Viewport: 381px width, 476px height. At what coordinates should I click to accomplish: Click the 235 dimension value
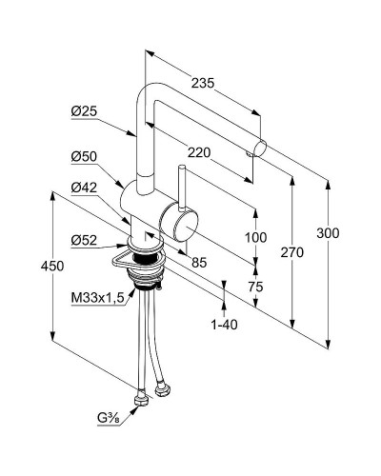pos(203,83)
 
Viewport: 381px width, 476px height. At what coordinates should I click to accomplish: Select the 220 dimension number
pos(199,153)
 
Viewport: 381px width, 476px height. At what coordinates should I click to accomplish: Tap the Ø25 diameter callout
pos(84,111)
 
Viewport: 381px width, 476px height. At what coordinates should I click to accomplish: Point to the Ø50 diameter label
pos(84,157)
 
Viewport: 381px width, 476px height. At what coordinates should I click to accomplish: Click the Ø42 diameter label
pos(84,188)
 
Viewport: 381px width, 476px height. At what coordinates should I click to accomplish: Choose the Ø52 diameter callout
pos(84,240)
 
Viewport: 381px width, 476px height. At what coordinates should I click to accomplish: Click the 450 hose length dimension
pos(52,266)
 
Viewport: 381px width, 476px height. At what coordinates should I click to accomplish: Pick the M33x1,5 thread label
pos(98,298)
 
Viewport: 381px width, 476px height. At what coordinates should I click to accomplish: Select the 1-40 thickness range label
pos(225,325)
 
